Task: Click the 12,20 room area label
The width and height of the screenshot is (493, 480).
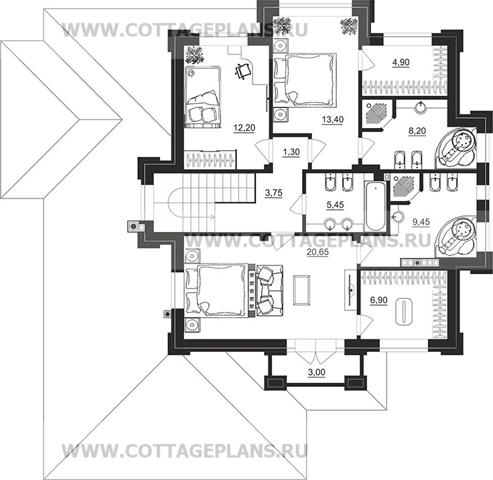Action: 244,128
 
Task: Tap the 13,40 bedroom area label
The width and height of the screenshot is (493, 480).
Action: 333,119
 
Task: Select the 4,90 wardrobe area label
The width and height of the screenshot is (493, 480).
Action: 401,62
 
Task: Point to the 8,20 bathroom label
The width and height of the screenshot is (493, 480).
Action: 417,131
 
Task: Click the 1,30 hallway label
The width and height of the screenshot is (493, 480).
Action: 291,152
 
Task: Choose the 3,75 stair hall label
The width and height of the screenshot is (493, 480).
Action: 274,192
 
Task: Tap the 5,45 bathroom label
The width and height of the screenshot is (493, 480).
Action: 335,205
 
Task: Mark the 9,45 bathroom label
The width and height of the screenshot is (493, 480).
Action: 421,222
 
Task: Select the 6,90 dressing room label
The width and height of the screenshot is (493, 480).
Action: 378,300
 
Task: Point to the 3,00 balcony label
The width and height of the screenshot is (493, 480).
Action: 316,372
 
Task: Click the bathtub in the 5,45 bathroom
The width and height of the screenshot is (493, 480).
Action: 375,206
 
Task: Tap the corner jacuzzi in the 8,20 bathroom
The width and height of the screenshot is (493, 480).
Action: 457,147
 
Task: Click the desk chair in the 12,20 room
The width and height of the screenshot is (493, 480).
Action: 242,72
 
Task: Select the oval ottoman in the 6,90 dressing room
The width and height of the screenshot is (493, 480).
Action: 403,312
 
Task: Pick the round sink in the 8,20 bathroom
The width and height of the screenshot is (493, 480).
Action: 421,108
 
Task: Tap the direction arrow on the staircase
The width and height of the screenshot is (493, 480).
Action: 204,217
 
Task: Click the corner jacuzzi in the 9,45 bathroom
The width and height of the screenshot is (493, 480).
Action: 455,235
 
